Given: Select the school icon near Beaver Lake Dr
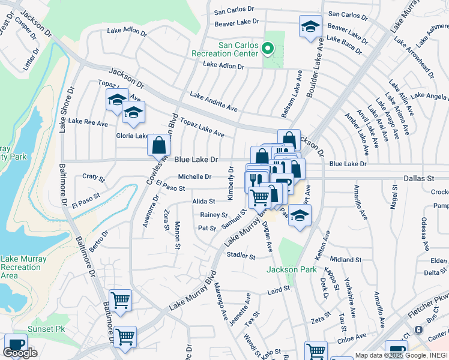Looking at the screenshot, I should [310, 27].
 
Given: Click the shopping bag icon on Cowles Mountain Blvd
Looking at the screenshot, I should [158, 145].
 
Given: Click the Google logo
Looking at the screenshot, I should [19, 353].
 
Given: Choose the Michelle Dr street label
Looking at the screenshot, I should [194, 177].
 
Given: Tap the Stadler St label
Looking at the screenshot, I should [241, 256].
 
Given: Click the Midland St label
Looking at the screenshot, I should [345, 260].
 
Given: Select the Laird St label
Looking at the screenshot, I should [279, 289].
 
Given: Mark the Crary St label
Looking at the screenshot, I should [93, 179].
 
